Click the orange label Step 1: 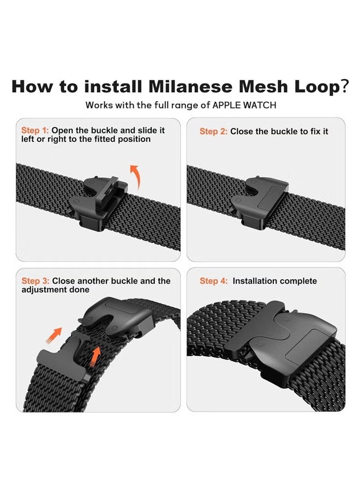35,131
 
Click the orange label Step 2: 213,131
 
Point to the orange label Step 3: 35,281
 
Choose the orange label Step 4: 213,281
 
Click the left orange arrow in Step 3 53,334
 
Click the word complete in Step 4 298,281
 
